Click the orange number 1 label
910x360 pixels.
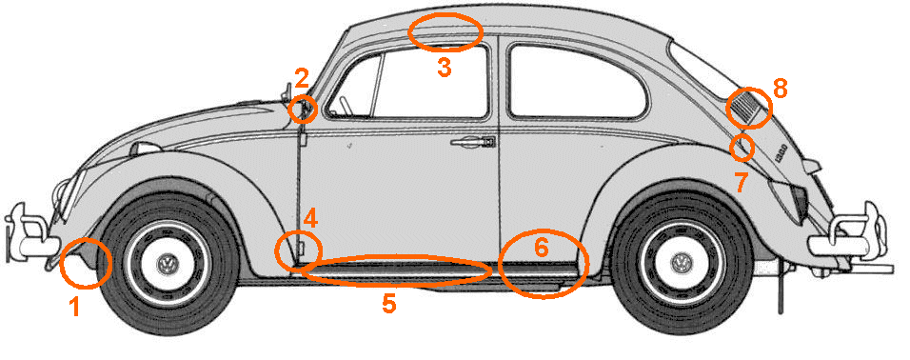pos(73,306)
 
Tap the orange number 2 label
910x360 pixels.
pos(302,78)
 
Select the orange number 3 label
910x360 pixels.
pos(444,67)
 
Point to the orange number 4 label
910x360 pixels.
pos(310,218)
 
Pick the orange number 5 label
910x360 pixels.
pos(387,304)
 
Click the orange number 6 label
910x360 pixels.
pos(541,248)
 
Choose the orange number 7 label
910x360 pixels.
pos(741,183)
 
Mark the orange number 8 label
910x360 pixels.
pos(781,89)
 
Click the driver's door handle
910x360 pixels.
pos(471,142)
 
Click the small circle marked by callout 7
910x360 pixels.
pos(743,148)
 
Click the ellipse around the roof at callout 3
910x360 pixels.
pos(445,31)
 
